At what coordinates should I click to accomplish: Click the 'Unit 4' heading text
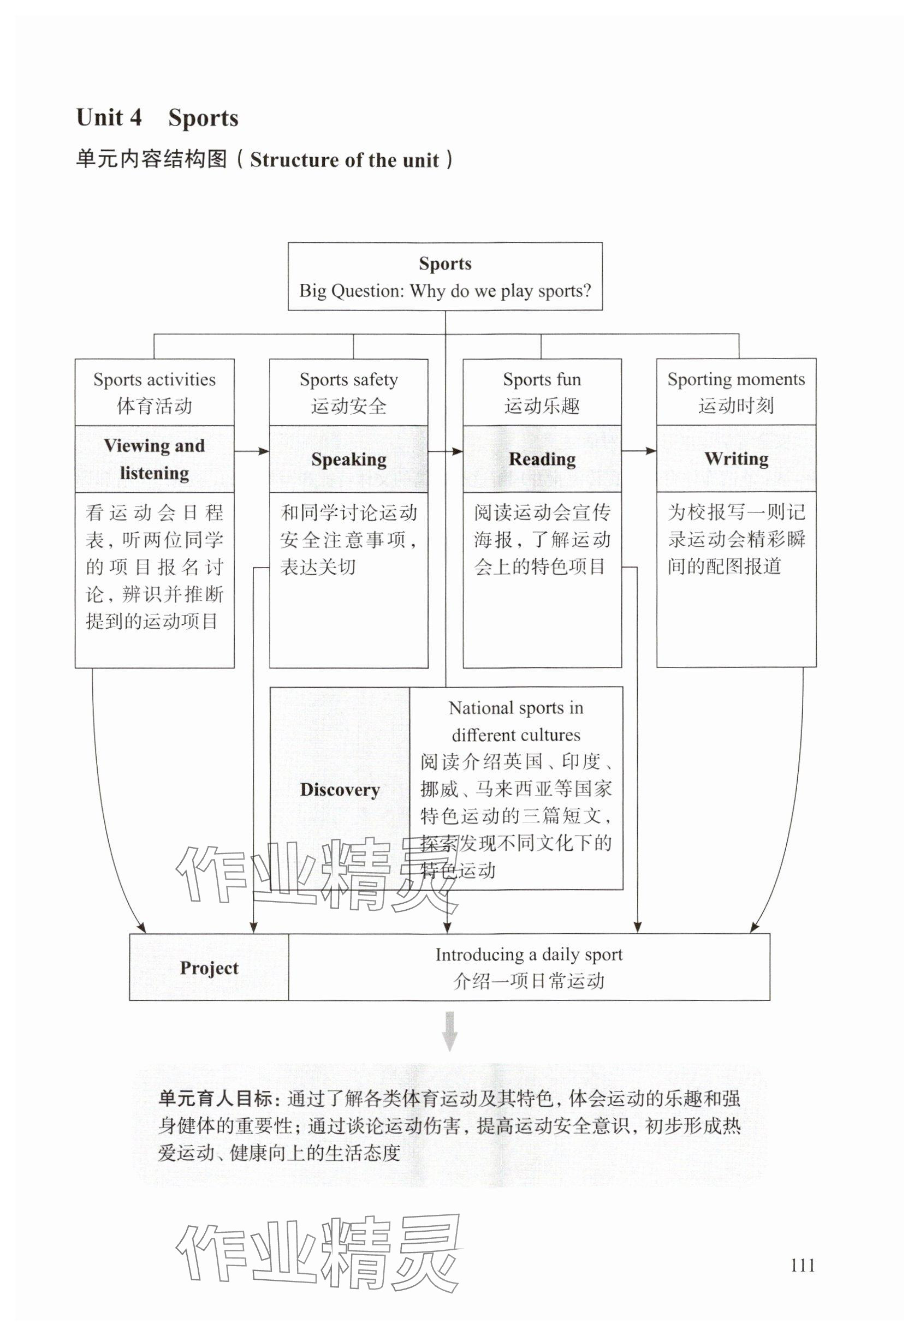click(109, 117)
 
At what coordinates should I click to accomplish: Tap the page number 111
click(803, 1266)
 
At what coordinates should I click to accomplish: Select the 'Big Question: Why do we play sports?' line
click(444, 291)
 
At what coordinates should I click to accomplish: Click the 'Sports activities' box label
click(155, 380)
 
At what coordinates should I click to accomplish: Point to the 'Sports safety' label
click(348, 380)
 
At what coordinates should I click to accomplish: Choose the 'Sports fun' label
click(542, 380)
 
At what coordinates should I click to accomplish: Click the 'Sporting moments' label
click(736, 379)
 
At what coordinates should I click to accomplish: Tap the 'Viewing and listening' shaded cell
click(155, 459)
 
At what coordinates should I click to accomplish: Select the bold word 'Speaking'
click(349, 459)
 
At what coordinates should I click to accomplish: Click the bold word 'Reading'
click(542, 459)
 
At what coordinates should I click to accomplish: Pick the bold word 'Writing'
click(736, 458)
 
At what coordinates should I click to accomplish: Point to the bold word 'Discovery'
click(340, 789)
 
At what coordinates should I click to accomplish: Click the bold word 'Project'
click(209, 968)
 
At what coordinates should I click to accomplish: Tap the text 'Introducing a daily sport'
click(529, 955)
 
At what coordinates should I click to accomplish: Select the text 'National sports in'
click(516, 707)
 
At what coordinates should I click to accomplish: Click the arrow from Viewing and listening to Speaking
click(252, 451)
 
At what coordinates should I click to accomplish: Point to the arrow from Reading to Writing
click(639, 451)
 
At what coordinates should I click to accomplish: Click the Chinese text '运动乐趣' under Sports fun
click(542, 406)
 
